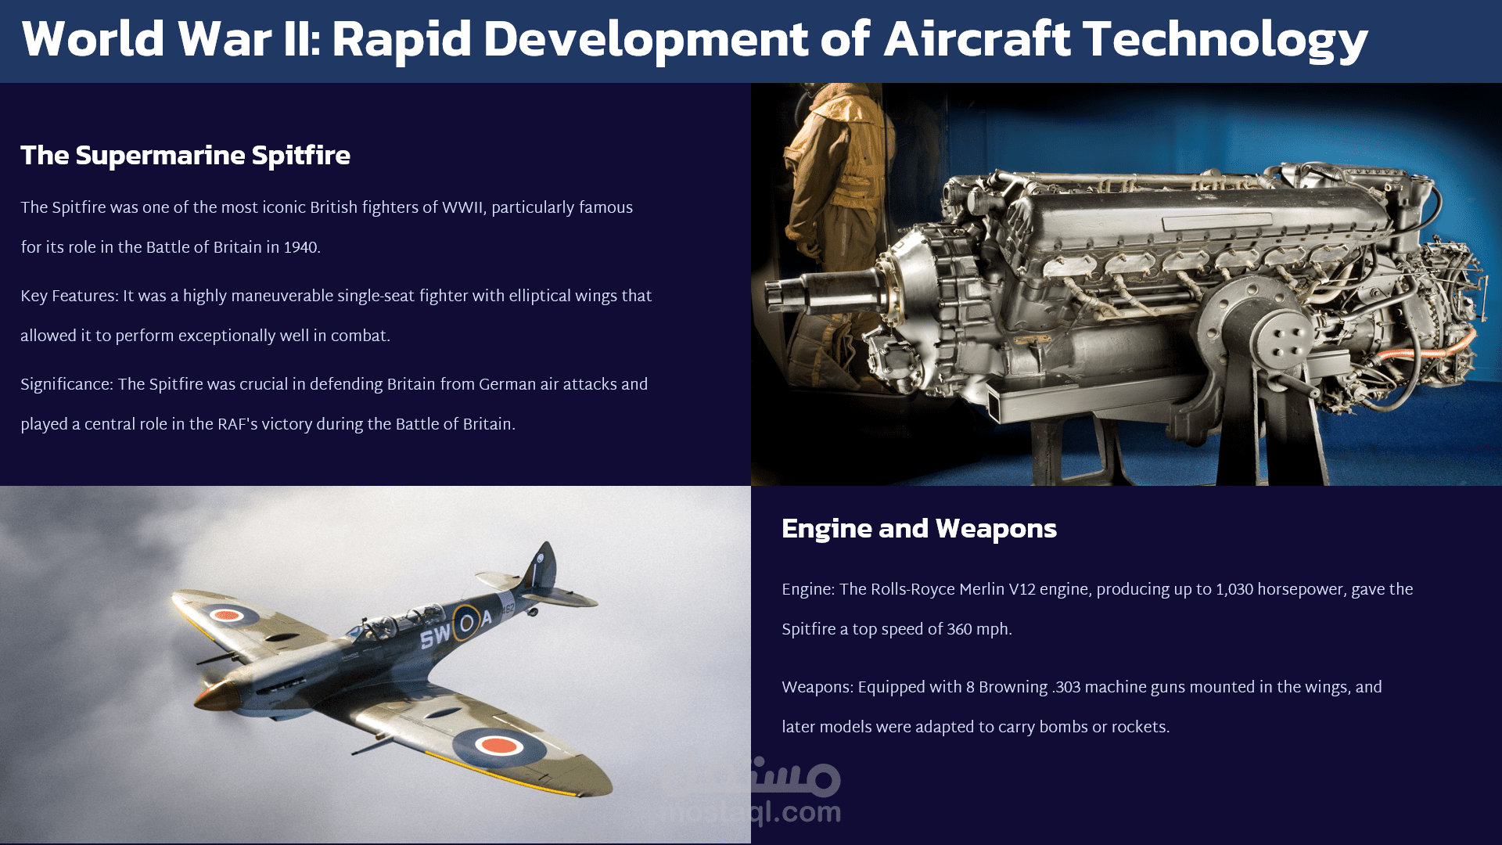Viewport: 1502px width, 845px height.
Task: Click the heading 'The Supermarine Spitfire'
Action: coord(185,155)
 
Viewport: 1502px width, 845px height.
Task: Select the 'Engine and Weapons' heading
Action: coord(919,529)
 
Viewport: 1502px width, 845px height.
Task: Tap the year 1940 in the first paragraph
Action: coord(301,248)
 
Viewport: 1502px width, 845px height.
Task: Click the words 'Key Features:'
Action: coord(70,297)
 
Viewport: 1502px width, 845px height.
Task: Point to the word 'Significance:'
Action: coord(67,385)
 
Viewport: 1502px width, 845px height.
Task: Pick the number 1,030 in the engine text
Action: coord(1234,590)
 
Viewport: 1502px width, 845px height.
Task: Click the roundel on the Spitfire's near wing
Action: coord(499,746)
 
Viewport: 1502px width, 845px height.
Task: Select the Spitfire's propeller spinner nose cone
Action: coord(215,695)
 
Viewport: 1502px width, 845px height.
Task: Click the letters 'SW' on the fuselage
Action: coord(435,636)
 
